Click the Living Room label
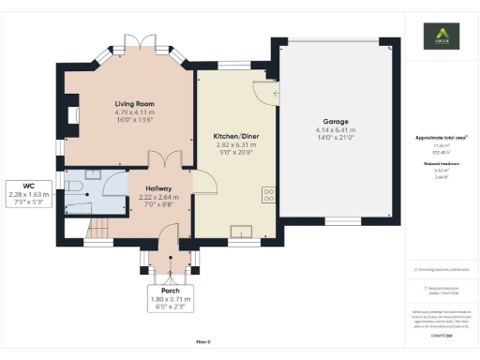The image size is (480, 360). tap(134, 103)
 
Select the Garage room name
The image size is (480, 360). tap(336, 122)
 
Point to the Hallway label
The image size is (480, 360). tap(157, 188)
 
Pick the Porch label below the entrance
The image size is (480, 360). tap(170, 290)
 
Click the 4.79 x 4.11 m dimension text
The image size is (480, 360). tap(134, 112)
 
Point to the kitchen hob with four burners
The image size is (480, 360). tap(268, 195)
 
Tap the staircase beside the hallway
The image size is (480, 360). tap(97, 228)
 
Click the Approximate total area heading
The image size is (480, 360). tap(441, 138)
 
